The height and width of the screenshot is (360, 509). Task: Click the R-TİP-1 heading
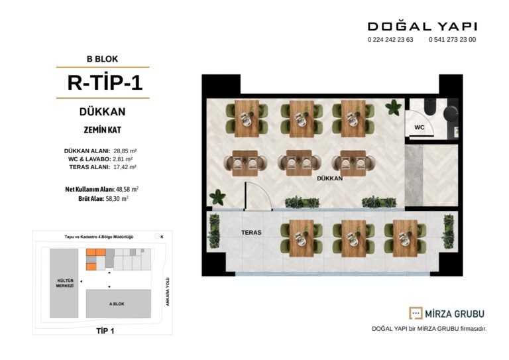[105, 82]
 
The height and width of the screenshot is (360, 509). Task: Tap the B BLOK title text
[102, 59]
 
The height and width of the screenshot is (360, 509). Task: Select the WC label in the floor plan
[420, 127]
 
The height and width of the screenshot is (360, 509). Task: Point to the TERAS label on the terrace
[251, 233]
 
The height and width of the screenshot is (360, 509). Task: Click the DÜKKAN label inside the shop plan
[329, 178]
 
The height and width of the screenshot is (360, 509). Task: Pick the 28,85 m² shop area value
[125, 151]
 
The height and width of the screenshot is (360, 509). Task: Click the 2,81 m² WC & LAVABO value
[123, 159]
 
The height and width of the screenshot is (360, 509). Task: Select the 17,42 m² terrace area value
[125, 167]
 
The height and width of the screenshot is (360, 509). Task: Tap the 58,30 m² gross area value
[117, 199]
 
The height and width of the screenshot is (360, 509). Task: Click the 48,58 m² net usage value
[127, 189]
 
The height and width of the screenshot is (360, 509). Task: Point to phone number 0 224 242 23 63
[390, 40]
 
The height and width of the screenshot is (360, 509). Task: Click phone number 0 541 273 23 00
[452, 40]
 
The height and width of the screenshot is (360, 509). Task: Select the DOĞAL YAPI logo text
[422, 26]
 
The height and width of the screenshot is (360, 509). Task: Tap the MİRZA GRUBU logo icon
[416, 313]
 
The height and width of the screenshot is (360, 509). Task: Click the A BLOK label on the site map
[117, 304]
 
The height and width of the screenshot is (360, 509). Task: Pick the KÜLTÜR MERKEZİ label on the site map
[65, 283]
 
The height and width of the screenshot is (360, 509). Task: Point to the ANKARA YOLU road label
[168, 292]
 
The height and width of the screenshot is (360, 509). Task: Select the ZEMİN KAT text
[102, 130]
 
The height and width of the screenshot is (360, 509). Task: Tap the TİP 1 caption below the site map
[105, 331]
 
